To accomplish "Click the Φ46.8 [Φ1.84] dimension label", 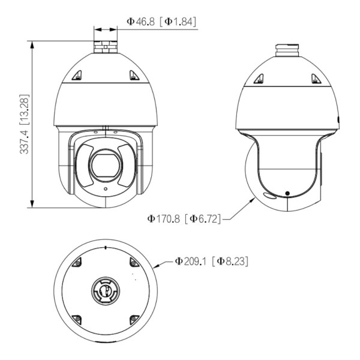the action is pos(161,22).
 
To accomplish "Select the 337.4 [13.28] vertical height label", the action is pos(25,124).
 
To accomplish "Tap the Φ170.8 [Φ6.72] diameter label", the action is pos(184,218).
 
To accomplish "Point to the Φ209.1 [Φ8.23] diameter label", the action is pos(211,261).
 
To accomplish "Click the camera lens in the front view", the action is pos(106,166).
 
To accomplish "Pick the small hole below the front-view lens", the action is pos(106,189).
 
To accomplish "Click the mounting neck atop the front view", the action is pos(106,47).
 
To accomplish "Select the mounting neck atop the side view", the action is pos(287,50).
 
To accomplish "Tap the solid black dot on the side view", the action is pos(287,193).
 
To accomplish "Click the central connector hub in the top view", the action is pos(106,290).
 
